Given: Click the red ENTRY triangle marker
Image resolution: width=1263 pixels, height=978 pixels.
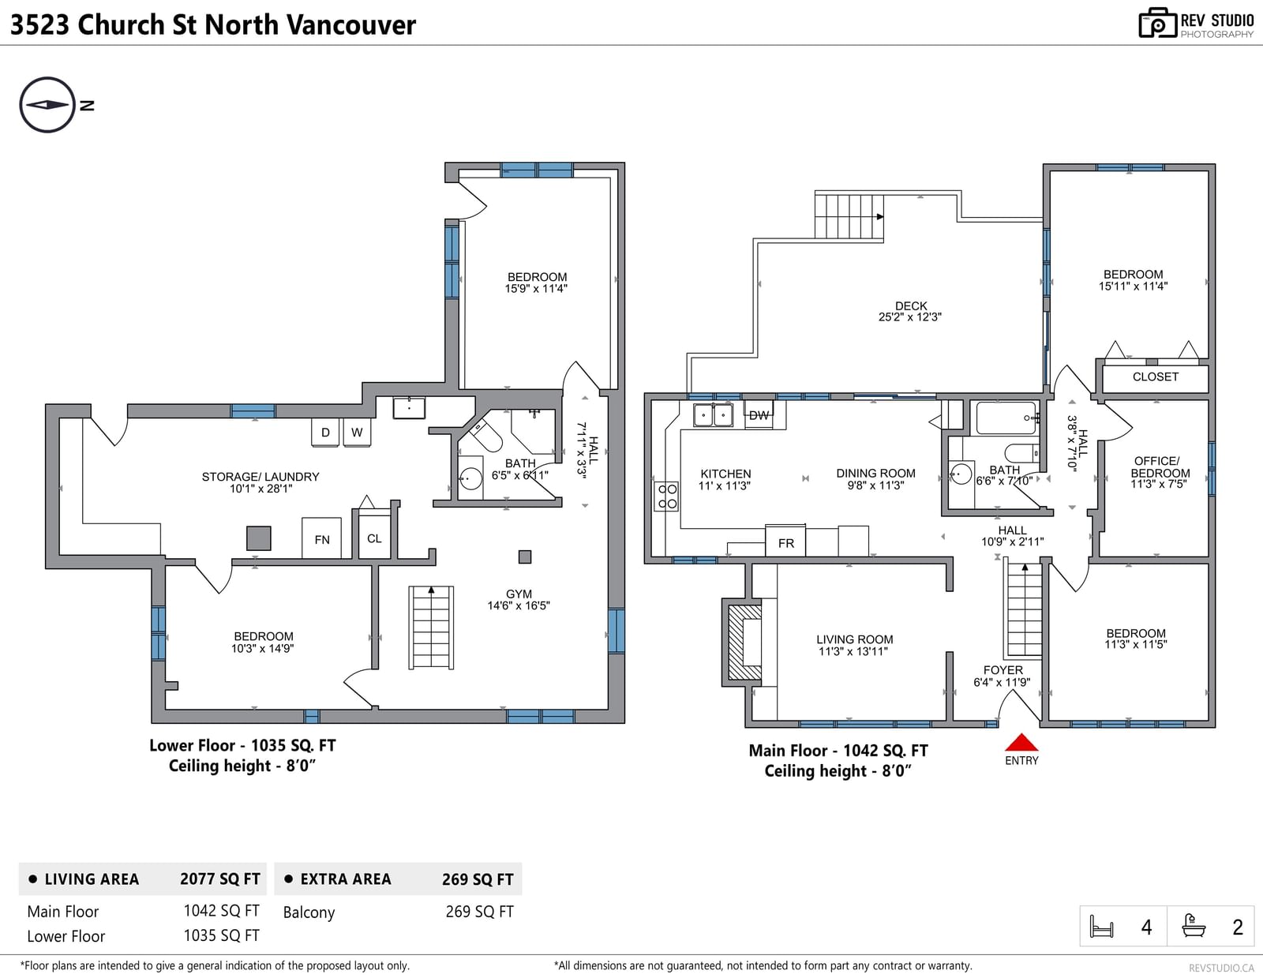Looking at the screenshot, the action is click(x=1021, y=742).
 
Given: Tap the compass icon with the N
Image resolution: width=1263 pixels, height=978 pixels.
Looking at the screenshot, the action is click(x=47, y=105).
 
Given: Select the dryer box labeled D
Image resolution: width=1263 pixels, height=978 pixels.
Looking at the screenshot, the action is click(x=325, y=433).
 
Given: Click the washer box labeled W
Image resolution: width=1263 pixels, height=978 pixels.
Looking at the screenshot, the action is click(x=357, y=433).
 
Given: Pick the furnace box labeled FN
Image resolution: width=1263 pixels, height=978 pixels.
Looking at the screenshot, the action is click(x=321, y=538).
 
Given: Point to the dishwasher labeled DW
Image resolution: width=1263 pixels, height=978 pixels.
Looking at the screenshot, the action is click(x=759, y=415).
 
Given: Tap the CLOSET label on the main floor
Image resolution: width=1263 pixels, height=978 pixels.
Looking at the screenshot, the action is click(x=1155, y=377).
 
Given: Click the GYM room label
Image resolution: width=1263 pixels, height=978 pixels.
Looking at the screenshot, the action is click(x=519, y=594).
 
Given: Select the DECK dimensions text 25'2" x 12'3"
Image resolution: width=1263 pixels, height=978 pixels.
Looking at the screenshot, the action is click(x=909, y=317).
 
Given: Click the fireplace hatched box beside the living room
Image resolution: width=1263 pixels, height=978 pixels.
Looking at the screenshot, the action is click(x=744, y=642).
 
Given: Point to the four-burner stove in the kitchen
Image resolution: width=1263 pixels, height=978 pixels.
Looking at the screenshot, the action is click(x=667, y=496).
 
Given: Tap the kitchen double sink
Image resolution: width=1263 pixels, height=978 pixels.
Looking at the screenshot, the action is click(x=713, y=415).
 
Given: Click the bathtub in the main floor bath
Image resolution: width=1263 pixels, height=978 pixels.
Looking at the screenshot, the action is click(x=1006, y=418).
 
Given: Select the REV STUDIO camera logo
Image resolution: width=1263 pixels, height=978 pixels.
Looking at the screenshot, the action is click(x=1157, y=23).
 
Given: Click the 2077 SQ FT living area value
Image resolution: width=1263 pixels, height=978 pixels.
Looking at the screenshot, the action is click(x=219, y=879).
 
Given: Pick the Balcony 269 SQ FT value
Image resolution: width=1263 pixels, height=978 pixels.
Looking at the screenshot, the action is click(x=479, y=912).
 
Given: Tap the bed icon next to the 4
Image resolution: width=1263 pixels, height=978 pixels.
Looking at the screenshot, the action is click(x=1101, y=926).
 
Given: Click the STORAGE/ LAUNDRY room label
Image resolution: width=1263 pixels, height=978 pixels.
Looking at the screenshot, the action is click(x=260, y=477).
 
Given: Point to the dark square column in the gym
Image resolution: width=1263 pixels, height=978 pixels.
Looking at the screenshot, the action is click(x=525, y=556).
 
